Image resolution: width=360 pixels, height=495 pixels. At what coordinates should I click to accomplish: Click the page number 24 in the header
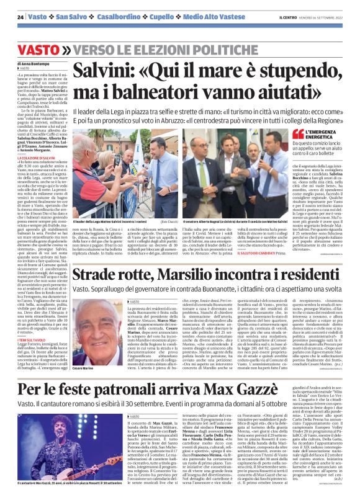coord(20,17)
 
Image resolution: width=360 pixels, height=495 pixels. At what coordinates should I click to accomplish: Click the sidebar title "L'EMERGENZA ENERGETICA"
coord(326,135)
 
